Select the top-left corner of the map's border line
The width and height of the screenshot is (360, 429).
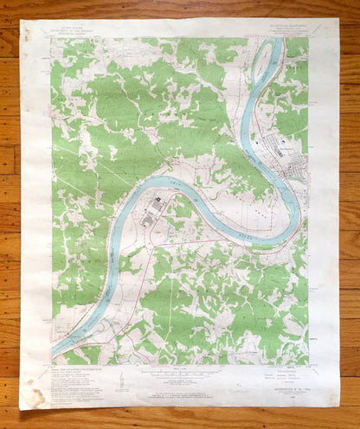pos(52,38)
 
